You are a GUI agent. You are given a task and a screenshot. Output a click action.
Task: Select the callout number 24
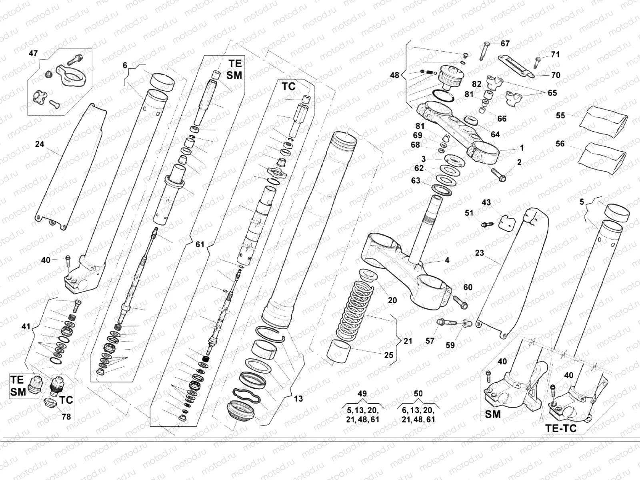39,144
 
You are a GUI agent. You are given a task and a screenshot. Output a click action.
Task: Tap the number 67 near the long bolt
505,43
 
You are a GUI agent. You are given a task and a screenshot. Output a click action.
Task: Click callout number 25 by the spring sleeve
388,355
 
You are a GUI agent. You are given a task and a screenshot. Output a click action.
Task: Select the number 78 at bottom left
66,416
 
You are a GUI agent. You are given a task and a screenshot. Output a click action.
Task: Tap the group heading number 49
362,394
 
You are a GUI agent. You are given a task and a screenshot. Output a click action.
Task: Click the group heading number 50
418,394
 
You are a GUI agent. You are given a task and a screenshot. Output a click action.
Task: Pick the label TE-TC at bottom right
561,428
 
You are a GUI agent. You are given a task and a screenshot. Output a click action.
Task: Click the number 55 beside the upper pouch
560,116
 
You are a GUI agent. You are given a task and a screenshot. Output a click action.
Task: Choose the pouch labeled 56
600,158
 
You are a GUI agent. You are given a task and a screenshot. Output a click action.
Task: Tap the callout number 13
298,398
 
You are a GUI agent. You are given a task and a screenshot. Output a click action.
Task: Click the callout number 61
200,244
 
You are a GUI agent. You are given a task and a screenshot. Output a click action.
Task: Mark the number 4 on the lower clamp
447,260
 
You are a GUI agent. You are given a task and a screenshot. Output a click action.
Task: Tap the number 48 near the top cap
394,75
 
